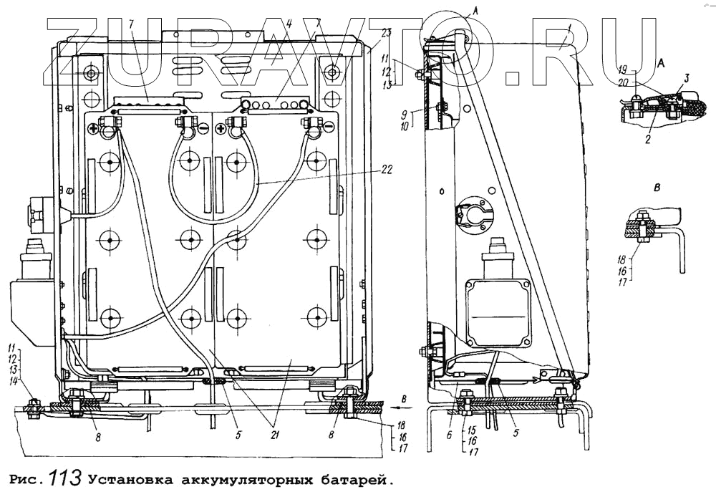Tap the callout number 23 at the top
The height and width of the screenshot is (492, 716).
coord(387,32)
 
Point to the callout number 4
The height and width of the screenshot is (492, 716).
coord(288,24)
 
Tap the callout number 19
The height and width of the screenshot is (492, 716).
coord(622,70)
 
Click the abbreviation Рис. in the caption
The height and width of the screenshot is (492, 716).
coord(26,477)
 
